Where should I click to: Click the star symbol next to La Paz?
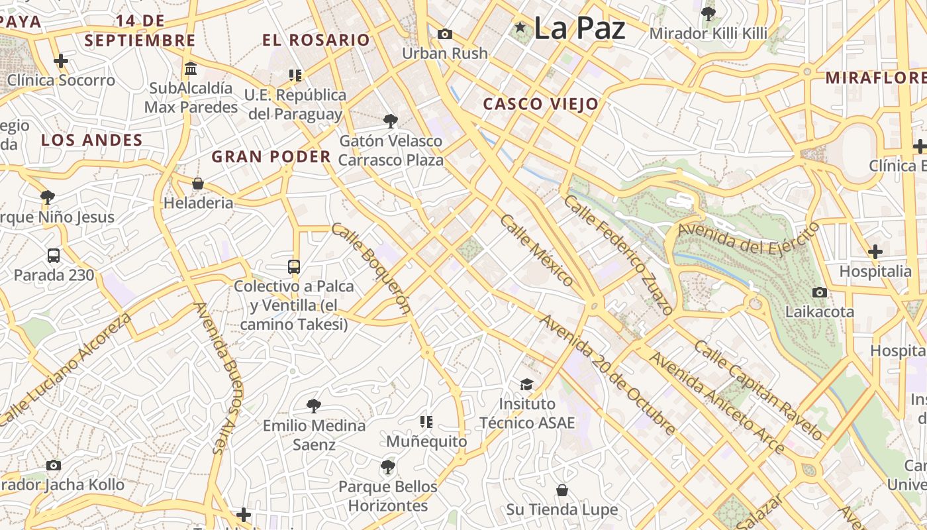tap(520, 27)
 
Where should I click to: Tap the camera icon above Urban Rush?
tap(445, 34)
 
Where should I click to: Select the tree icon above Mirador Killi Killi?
tap(708, 13)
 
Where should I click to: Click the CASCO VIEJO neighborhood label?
tap(540, 104)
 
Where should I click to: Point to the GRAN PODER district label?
tap(271, 157)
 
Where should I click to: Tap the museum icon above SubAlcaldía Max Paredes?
tap(191, 68)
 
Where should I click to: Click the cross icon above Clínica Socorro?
tap(61, 61)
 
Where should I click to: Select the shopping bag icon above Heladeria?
tap(197, 184)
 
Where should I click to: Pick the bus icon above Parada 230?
tap(54, 255)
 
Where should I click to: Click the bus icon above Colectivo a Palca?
tap(294, 267)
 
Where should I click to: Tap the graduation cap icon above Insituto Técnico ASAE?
tap(526, 384)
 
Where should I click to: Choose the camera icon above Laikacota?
tap(819, 292)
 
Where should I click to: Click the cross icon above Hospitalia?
tap(875, 252)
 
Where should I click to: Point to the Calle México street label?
tap(536, 250)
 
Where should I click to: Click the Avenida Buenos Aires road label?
tap(224, 378)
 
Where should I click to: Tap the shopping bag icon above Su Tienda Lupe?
tap(561, 490)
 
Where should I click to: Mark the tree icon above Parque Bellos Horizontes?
tap(388, 467)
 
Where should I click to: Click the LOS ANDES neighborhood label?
tap(91, 140)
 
